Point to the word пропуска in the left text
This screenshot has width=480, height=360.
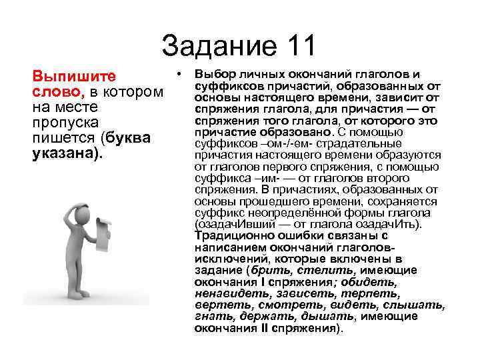point(65,123)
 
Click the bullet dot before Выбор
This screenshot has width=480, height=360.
point(180,72)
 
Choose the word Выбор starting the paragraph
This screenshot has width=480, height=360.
point(213,73)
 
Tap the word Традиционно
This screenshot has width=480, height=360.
point(230,235)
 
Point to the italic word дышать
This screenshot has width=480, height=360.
point(331,317)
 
